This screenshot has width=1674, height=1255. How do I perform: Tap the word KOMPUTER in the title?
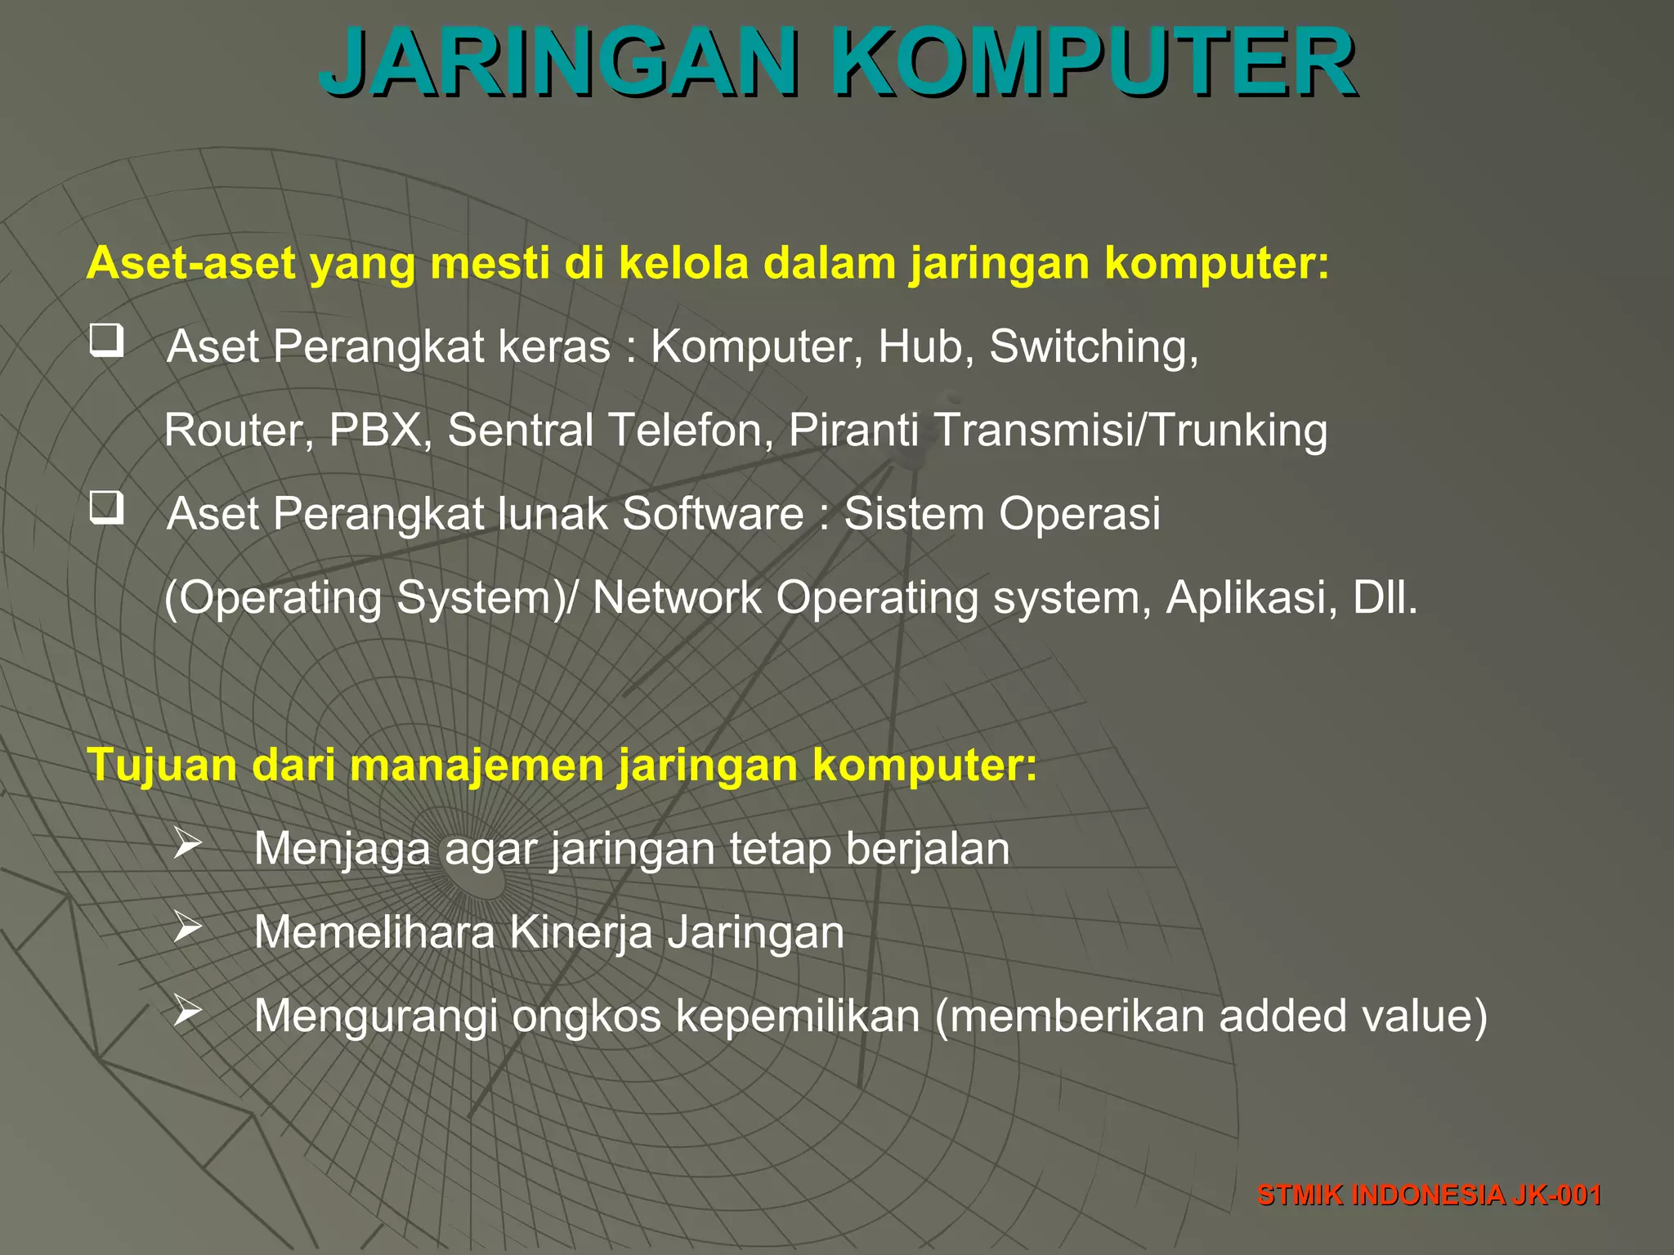click(1094, 63)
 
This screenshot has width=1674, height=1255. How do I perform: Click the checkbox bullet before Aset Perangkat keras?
click(107, 340)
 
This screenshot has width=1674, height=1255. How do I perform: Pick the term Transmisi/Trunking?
click(1130, 431)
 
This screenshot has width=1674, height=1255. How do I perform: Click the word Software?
click(713, 514)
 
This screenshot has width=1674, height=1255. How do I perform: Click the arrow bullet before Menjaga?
click(187, 844)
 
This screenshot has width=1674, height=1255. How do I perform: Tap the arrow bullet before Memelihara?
click(187, 927)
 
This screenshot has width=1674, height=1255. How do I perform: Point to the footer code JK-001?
click(1555, 1195)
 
